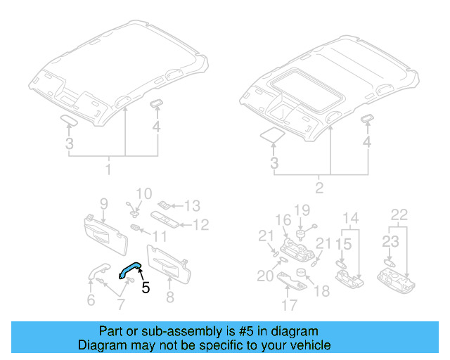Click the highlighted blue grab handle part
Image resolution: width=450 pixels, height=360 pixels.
click(x=130, y=269)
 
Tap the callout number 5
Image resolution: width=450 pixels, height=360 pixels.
click(x=146, y=287)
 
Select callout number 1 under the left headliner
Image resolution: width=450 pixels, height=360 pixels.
click(x=108, y=170)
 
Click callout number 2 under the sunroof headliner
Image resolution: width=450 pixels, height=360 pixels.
click(x=321, y=188)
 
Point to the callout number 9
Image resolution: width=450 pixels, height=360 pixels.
click(x=103, y=204)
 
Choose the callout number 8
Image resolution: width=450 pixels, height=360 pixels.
click(x=169, y=297)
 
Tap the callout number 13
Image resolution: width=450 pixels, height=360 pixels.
click(x=192, y=206)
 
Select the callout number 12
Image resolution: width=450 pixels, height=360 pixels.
click(x=202, y=225)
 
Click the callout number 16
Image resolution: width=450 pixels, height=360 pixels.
click(x=283, y=219)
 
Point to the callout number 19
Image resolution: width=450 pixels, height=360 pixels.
click(x=302, y=210)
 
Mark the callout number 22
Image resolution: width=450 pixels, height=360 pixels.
click(x=399, y=214)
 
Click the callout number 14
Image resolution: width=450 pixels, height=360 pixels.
click(x=350, y=218)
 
